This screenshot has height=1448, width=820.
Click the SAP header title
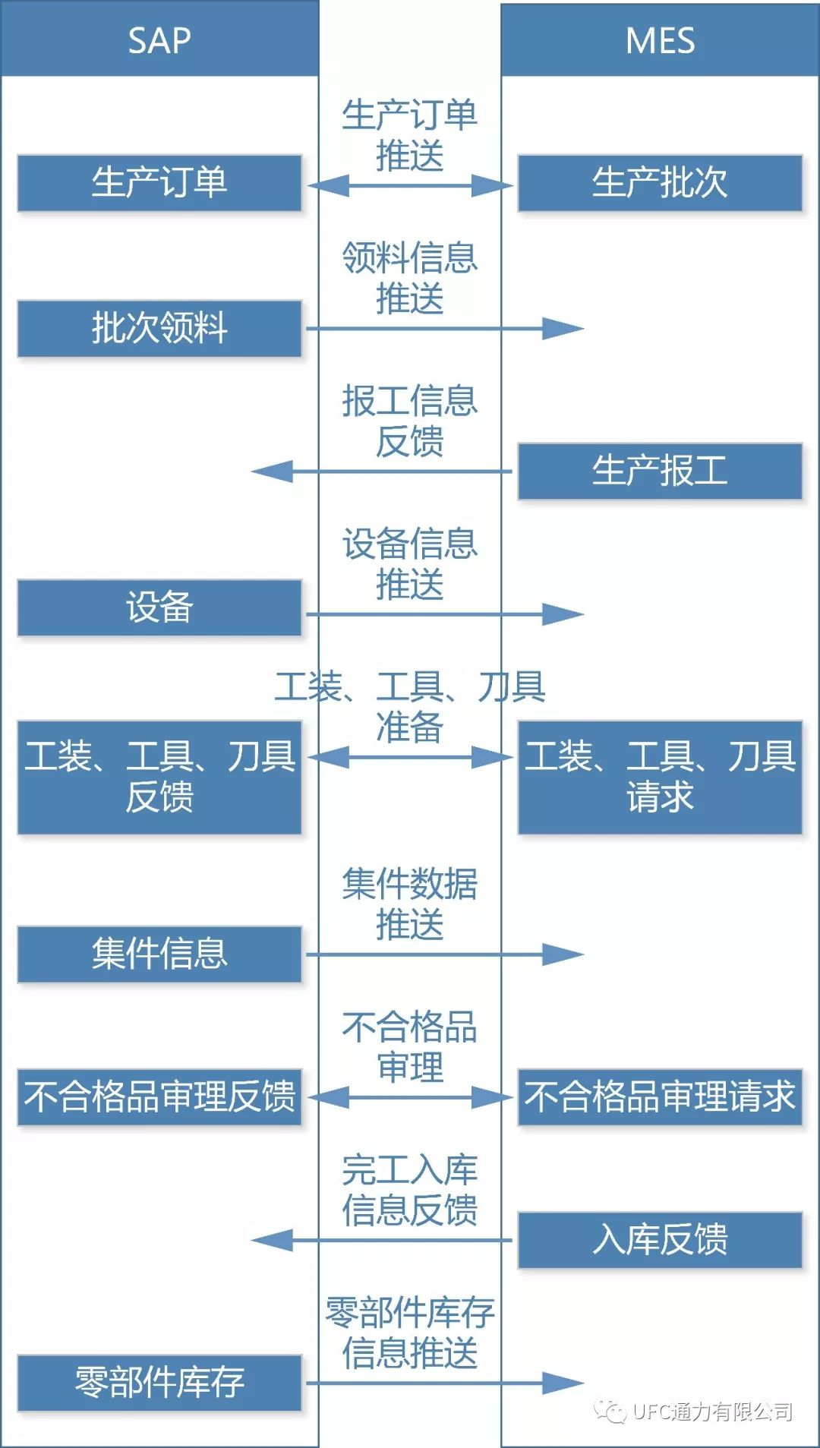159,40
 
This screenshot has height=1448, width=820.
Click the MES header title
660,40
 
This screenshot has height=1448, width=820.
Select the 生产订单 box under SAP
159,183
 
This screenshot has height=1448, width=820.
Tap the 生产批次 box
660,183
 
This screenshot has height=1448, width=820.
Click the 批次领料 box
159,329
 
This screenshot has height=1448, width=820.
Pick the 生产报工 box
660,472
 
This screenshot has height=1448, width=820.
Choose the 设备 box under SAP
159,608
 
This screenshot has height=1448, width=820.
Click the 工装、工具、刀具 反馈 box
159,777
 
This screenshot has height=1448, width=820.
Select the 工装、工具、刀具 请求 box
660,777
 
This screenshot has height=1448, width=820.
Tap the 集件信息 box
159,954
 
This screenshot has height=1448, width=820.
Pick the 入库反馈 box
660,1240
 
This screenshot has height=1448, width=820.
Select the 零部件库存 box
159,1383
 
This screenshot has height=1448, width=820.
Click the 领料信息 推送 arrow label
410,277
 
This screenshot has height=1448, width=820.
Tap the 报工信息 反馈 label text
410,420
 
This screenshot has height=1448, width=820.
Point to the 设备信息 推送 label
410,563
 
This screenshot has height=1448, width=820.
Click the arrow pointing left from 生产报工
380,472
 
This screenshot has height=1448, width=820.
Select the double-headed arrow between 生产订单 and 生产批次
410,185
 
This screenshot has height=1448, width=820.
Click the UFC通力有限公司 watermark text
711,1412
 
